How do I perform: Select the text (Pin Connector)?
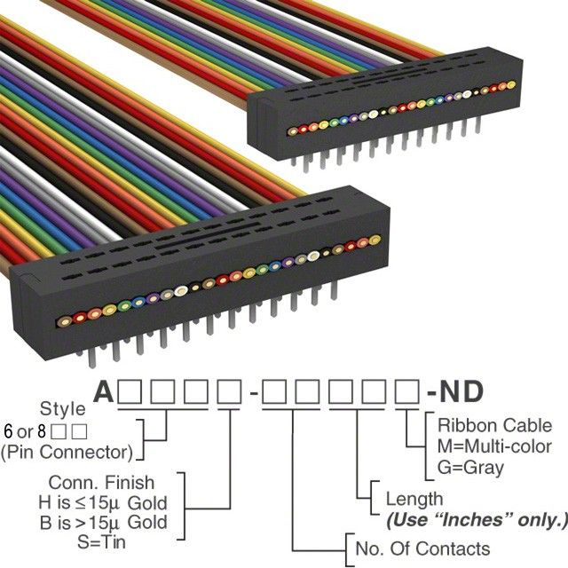click(67, 453)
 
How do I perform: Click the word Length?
click(414, 499)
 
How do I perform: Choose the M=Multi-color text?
click(495, 446)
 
